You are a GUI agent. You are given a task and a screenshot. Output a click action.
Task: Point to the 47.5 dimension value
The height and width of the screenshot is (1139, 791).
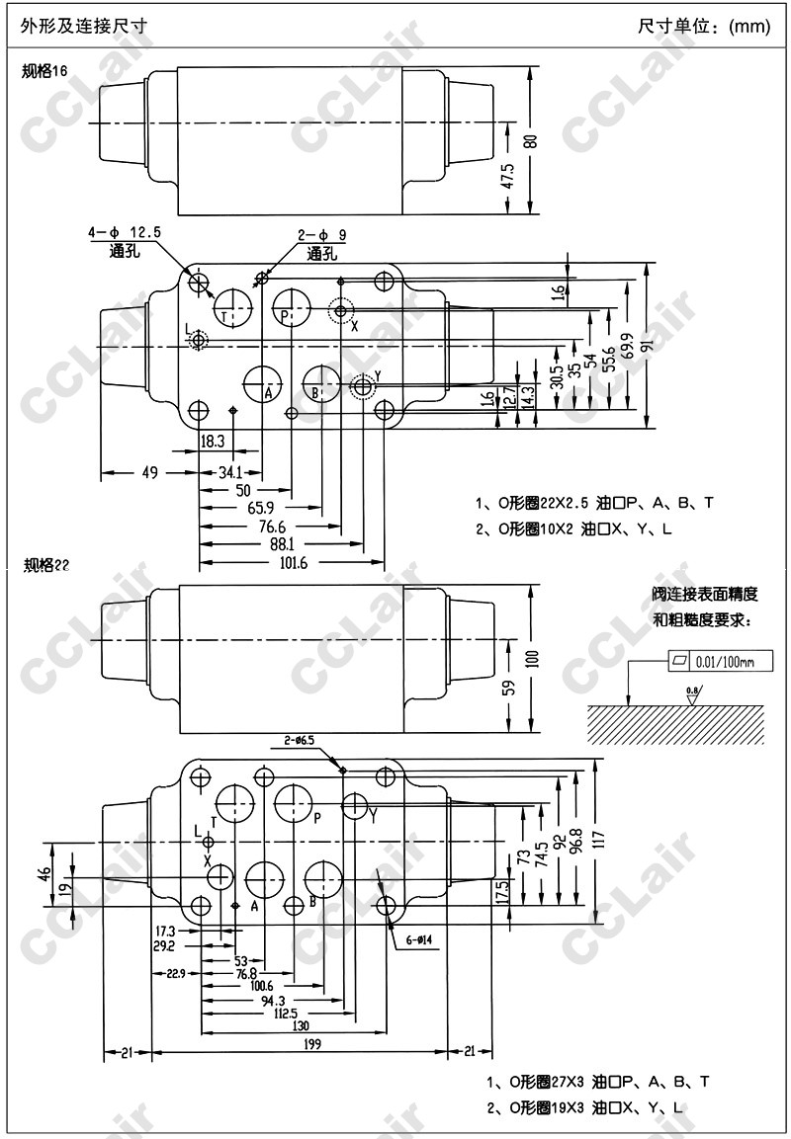point(508,178)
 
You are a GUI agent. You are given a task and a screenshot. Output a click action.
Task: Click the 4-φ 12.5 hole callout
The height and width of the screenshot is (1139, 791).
point(125,232)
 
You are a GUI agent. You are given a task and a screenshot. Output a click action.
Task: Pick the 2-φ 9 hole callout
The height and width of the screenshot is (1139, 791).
point(322,235)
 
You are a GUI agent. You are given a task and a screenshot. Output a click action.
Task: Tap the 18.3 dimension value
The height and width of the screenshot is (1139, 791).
point(215,441)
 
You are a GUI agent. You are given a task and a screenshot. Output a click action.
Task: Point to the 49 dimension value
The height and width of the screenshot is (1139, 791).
point(149,472)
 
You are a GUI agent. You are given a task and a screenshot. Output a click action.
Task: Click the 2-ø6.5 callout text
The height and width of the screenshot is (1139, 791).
point(300,740)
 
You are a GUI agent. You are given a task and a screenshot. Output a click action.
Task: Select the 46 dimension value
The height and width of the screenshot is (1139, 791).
point(44,874)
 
